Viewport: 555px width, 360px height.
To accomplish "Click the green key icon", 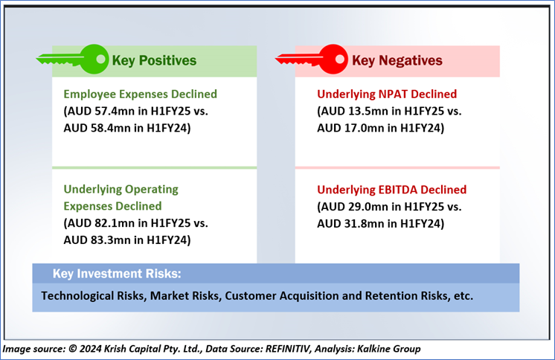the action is (73, 59).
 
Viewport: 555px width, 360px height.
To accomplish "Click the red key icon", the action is (312, 59).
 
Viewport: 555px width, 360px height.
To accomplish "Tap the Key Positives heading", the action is (154, 60).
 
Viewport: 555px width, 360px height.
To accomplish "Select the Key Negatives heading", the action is (397, 60).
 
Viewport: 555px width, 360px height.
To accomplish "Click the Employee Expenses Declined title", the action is (140, 94).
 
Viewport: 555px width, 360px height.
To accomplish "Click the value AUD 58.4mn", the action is (97, 128).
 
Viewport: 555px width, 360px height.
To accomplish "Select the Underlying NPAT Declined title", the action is (387, 94).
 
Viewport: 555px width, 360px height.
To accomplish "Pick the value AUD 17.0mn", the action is (350, 128).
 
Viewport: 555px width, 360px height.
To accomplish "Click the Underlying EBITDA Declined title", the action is (391, 190).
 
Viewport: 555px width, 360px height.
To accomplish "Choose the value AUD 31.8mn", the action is (350, 224).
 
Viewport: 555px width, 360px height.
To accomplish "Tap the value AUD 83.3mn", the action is (97, 240).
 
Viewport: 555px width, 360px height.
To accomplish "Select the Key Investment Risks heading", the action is (117, 274).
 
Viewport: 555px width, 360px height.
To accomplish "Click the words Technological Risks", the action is (94, 296).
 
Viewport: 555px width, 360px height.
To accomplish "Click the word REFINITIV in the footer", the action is (288, 349).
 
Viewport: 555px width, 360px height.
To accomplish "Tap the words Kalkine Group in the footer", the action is (388, 349).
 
